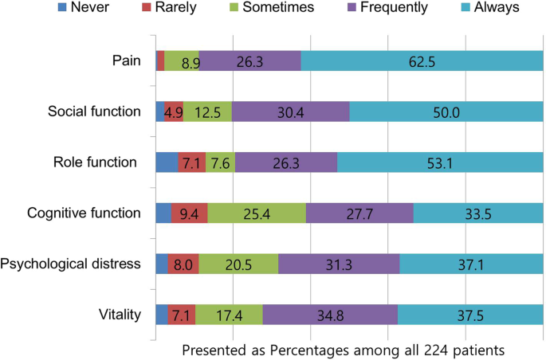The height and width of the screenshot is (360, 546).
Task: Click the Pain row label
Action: tap(128, 61)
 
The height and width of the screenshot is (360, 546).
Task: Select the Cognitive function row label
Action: tap(84, 213)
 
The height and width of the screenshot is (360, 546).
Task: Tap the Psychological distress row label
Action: tap(72, 264)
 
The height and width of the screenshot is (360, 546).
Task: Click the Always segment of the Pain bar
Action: tap(420, 61)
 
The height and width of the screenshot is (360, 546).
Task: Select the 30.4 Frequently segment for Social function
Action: tap(290, 112)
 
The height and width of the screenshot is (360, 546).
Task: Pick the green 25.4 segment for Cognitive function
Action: tap(257, 213)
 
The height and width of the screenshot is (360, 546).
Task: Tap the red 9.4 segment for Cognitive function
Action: tap(190, 213)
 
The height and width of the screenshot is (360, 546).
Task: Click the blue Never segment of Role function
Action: tap(167, 162)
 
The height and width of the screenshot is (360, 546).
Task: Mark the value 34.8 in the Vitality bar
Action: tap(330, 315)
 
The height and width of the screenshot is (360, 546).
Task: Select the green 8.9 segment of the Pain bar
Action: tap(182, 61)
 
